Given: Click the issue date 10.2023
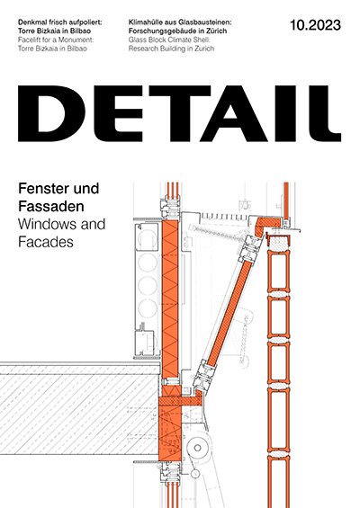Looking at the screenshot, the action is click(x=315, y=25).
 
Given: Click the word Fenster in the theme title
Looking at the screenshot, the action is click(x=40, y=188).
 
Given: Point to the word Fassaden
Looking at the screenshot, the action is click(x=51, y=207).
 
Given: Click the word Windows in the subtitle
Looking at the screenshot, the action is click(x=48, y=224).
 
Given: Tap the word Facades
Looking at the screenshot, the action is click(x=46, y=242).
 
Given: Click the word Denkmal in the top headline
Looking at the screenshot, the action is click(x=32, y=22).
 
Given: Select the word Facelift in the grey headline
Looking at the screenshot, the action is click(x=29, y=40).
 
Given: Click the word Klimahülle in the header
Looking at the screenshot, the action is click(x=145, y=22).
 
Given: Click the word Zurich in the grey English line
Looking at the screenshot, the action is click(x=205, y=49).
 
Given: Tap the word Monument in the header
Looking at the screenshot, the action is click(x=77, y=40).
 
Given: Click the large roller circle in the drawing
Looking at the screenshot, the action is click(x=197, y=448).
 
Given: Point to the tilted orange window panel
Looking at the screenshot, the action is click(x=229, y=314).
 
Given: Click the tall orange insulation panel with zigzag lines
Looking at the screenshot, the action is click(x=170, y=299).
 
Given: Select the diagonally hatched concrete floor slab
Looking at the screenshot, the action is click(x=80, y=414).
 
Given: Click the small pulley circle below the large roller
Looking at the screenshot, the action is click(x=194, y=474).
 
